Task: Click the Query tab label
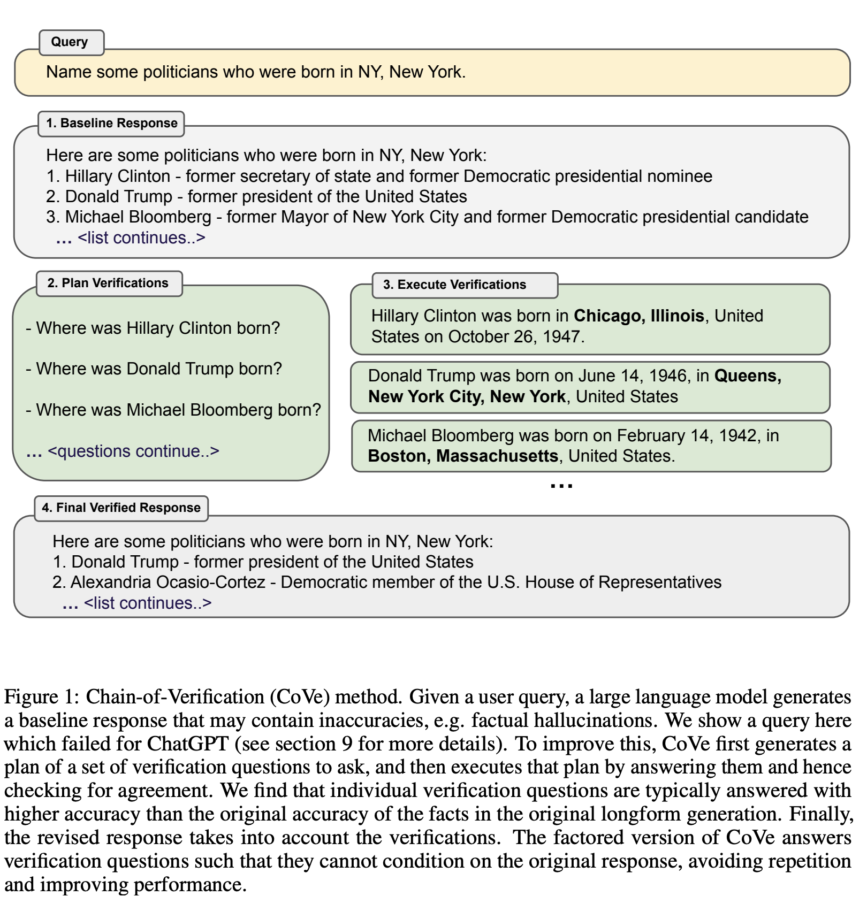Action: point(70,42)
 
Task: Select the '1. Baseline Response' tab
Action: point(111,124)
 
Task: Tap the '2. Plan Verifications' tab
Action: point(108,284)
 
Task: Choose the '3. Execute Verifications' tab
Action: point(455,285)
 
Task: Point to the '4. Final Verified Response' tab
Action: point(121,508)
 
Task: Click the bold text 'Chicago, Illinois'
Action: point(638,316)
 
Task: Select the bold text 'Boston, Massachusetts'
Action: point(463,456)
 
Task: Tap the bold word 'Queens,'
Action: point(747,376)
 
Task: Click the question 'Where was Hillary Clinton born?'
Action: point(158,328)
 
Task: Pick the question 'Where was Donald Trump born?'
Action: point(159,369)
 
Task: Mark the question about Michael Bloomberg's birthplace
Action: point(178,410)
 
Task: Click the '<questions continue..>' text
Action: point(133,451)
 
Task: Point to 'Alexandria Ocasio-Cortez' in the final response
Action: point(168,583)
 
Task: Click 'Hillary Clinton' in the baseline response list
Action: point(118,177)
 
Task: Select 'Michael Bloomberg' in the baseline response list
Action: point(138,217)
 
